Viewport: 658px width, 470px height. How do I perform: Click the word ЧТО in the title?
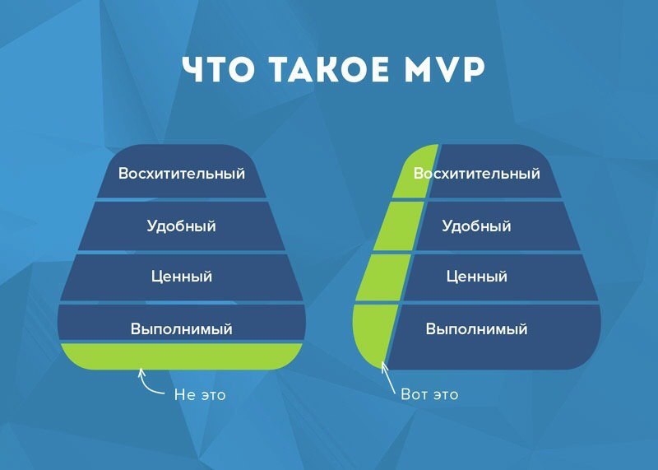[x=218, y=68]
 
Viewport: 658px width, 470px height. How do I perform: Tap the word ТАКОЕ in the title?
[x=329, y=68]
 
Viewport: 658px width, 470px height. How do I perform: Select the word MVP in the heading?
[x=444, y=68]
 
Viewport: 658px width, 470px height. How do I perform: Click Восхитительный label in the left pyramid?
[x=181, y=173]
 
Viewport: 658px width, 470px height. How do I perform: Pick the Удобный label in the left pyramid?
[x=181, y=226]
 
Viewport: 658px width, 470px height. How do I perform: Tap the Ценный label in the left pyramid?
[x=182, y=277]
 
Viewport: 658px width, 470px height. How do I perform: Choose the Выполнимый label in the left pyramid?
[x=181, y=328]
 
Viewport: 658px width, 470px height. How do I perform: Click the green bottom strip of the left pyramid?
[x=181, y=356]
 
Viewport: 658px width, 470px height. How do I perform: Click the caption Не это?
[x=200, y=395]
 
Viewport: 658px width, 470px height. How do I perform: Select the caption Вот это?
[x=429, y=394]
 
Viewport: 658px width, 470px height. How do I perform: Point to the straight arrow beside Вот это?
[x=388, y=378]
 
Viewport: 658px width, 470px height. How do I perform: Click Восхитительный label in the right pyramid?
[x=477, y=173]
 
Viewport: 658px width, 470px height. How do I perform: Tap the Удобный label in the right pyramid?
[x=476, y=226]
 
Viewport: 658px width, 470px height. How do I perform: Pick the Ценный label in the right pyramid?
[x=477, y=277]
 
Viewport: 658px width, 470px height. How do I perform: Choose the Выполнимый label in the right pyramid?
[x=477, y=328]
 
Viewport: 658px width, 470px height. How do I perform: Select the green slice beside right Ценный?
[x=383, y=277]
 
